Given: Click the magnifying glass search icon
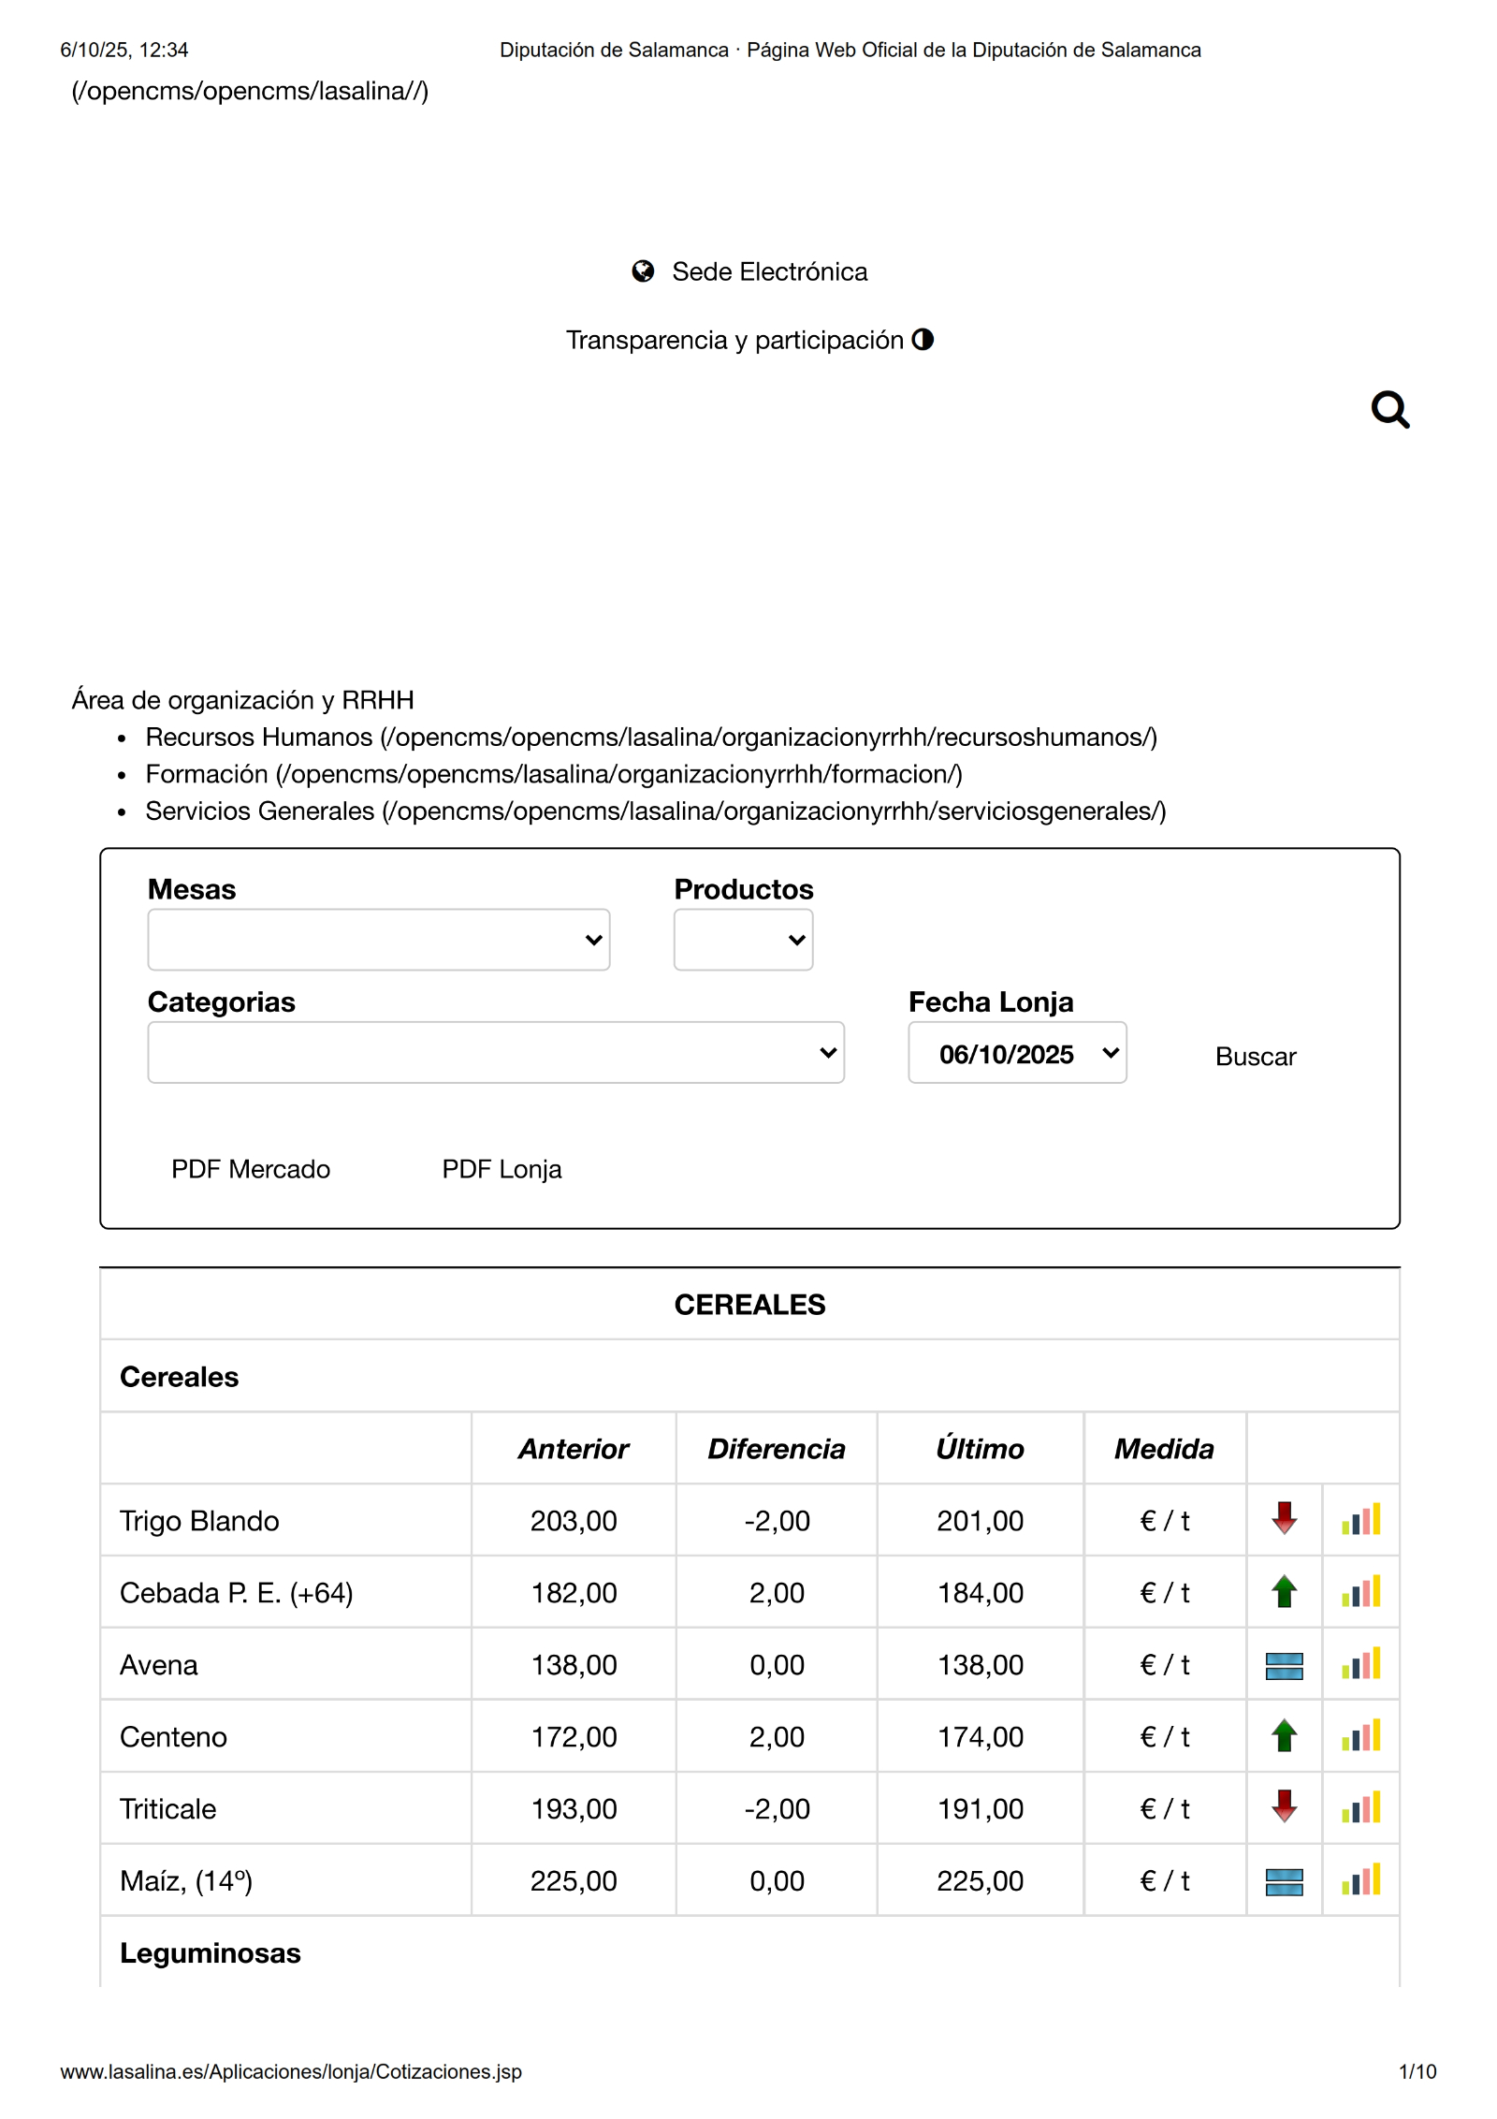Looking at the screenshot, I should point(1389,409).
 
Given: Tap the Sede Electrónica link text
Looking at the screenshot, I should point(769,271).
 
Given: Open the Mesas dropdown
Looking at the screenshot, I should point(378,940).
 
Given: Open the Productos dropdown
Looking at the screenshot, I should point(743,940).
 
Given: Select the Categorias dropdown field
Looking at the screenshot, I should point(495,1053).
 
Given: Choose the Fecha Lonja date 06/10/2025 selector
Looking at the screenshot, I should point(1017,1053).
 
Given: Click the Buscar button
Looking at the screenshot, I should point(1255,1057).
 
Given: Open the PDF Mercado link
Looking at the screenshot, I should point(251,1169).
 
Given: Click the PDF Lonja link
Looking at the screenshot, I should point(501,1169).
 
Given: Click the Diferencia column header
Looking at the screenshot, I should point(776,1449).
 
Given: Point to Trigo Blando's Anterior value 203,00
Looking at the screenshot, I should point(574,1521).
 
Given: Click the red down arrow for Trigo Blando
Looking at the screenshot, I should point(1284,1518).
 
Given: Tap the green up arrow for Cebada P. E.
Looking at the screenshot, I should point(1284,1591).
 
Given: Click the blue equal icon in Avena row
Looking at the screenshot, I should point(1284,1666).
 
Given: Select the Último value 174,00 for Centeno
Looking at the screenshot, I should point(980,1737).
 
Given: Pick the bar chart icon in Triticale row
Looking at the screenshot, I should point(1360,1807).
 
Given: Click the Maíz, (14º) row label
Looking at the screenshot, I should point(186,1880).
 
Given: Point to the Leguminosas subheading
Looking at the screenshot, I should point(211,1953).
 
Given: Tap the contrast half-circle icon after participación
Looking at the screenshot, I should point(923,339).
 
